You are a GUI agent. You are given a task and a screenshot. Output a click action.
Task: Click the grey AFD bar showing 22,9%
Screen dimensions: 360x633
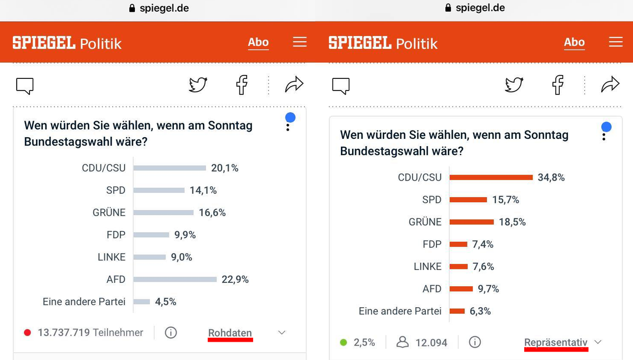pyautogui.click(x=175, y=279)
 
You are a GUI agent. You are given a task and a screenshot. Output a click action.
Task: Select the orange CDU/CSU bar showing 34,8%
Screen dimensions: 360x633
pyautogui.click(x=491, y=177)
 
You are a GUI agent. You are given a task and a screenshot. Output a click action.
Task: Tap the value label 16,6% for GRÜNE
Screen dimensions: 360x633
pyautogui.click(x=212, y=213)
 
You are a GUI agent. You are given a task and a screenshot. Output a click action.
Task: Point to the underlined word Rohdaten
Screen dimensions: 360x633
pyautogui.click(x=230, y=333)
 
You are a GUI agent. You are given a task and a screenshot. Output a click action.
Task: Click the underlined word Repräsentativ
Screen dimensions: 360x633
pyautogui.click(x=556, y=342)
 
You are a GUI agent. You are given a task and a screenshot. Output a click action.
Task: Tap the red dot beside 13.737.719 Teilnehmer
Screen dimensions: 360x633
pyautogui.click(x=27, y=333)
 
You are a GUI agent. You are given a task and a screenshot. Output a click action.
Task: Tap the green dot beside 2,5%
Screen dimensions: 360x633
pyautogui.click(x=343, y=342)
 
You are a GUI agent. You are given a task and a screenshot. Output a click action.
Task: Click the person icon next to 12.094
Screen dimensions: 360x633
pyautogui.click(x=403, y=342)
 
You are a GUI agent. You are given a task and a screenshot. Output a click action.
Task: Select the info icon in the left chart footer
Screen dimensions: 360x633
pyautogui.click(x=171, y=333)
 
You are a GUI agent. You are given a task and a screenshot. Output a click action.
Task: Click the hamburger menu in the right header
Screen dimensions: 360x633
pyautogui.click(x=615, y=42)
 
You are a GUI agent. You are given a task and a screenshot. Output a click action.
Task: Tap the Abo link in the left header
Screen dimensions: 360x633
pyautogui.click(x=258, y=42)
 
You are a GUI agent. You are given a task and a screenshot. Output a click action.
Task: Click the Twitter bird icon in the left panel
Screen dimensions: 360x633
pyautogui.click(x=198, y=85)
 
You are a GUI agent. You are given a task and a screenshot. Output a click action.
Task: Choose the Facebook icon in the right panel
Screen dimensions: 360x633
pyautogui.click(x=558, y=85)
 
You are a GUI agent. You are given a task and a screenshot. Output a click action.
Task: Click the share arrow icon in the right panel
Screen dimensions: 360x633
pyautogui.click(x=610, y=84)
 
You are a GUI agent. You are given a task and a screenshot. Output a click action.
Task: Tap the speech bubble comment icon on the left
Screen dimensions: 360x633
pyautogui.click(x=25, y=86)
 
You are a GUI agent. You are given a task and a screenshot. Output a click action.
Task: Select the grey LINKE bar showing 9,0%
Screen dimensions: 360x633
pyautogui.click(x=150, y=257)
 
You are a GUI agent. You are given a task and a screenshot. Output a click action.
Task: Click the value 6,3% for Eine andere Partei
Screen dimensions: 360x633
pyautogui.click(x=480, y=311)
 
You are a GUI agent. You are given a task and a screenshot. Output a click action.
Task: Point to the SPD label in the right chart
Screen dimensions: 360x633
pyautogui.click(x=431, y=199)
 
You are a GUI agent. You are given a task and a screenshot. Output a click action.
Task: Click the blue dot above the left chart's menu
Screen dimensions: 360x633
pyautogui.click(x=290, y=117)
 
